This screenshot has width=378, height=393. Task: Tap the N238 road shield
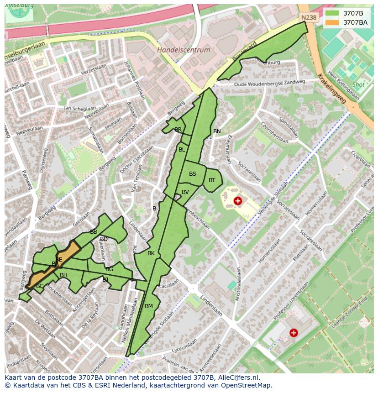[308, 17]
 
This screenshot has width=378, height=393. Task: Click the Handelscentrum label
[184, 50]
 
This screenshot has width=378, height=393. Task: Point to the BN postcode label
[217, 131]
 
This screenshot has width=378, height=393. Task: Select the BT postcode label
[212, 180]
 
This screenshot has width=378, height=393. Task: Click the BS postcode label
[193, 174]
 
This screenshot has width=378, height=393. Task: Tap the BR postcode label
[178, 130]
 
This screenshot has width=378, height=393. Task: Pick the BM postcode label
[149, 306]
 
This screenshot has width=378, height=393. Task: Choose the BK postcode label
[151, 253]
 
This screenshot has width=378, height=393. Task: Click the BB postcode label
[94, 232]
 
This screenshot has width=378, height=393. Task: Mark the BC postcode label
[40, 286]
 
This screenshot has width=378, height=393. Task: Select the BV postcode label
[185, 192]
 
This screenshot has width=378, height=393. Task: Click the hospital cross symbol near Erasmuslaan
[237, 201]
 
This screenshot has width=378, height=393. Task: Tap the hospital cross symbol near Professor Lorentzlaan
[294, 333]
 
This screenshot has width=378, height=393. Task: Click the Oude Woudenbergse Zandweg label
[269, 83]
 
